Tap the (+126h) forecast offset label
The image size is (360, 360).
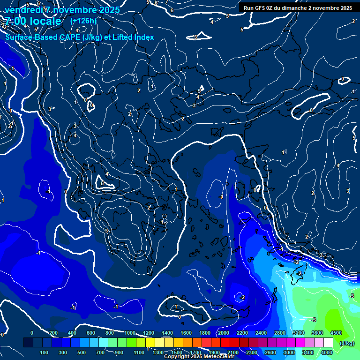(x=83, y=21)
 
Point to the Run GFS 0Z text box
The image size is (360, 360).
(x=298, y=8)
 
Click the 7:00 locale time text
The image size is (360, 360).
(x=33, y=21)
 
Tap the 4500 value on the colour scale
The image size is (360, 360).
(x=336, y=333)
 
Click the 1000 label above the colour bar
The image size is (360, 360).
(x=129, y=333)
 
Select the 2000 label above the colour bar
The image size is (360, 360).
(x=223, y=333)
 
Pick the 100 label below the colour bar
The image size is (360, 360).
(x=44, y=352)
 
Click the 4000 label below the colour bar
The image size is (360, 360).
(x=327, y=352)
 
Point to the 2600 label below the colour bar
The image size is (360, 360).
(x=270, y=352)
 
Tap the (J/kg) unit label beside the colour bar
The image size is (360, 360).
(x=346, y=344)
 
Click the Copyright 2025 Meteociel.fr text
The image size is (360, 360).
(x=202, y=357)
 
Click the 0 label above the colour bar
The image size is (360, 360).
(x=32, y=333)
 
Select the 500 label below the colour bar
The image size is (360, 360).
(x=82, y=352)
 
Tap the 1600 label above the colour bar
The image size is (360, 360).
(x=186, y=333)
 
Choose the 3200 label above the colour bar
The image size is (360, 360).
(x=299, y=333)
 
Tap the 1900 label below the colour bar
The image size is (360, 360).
(x=214, y=352)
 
